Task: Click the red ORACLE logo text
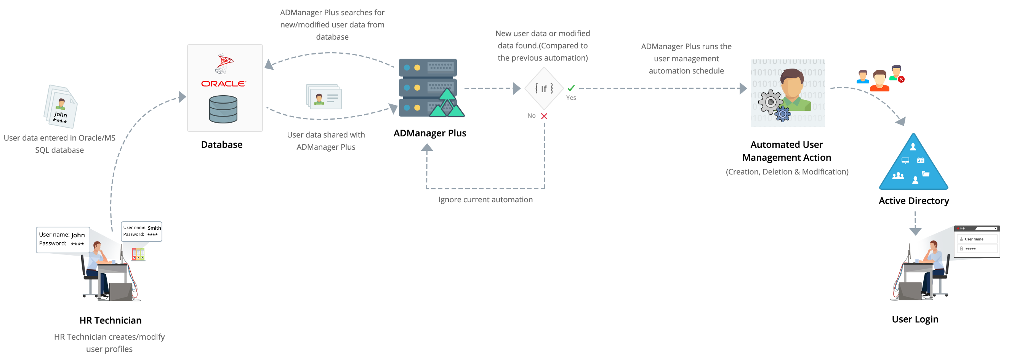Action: [223, 84]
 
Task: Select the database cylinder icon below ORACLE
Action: [223, 109]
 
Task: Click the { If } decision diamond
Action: [544, 88]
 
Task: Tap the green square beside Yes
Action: [571, 88]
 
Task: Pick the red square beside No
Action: [544, 116]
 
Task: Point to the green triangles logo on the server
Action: [447, 104]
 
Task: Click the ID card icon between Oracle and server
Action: [325, 97]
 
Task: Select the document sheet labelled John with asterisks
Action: [61, 108]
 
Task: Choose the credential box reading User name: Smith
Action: [141, 231]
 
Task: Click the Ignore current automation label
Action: [485, 200]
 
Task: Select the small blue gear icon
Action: [783, 114]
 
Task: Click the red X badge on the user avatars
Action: [901, 79]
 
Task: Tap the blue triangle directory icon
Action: [914, 161]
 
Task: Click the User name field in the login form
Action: [977, 239]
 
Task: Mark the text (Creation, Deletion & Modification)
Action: [787, 172]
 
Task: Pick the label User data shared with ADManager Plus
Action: [326, 141]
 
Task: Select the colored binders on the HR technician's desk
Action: [138, 254]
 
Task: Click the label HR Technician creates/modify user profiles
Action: [109, 343]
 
